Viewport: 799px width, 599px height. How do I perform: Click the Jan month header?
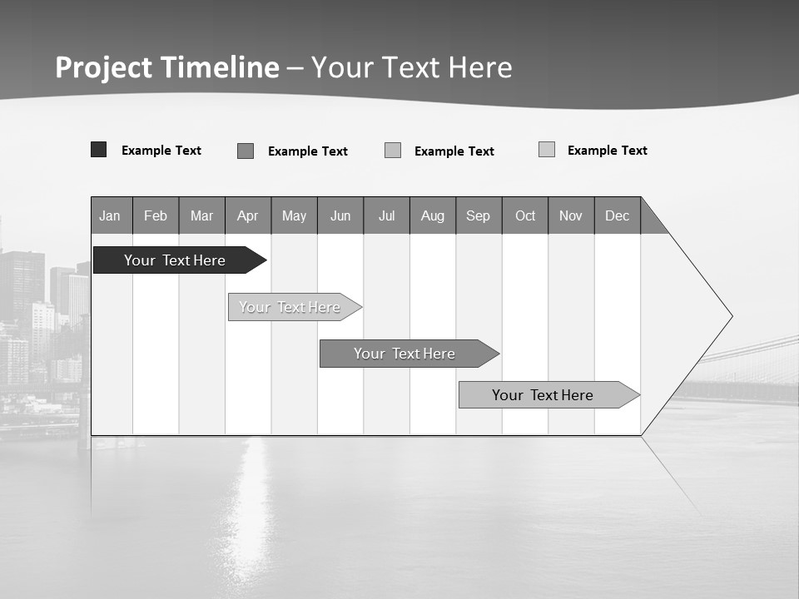(x=111, y=215)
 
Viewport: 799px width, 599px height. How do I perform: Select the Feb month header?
(x=156, y=215)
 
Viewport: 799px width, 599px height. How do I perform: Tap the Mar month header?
(x=201, y=215)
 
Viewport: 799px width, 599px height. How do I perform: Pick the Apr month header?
(x=248, y=215)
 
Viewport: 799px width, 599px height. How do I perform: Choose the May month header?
(x=294, y=215)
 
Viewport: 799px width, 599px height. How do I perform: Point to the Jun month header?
(x=340, y=215)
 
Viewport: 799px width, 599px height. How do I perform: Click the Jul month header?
(x=386, y=215)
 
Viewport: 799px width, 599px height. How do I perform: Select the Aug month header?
(x=433, y=215)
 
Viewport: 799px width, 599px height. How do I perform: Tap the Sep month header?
(x=479, y=215)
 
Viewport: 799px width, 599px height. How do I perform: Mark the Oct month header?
(x=525, y=215)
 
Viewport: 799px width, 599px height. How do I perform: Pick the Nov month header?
(x=571, y=215)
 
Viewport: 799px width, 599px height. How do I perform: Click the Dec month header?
(x=618, y=215)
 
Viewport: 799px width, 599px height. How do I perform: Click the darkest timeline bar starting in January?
(x=175, y=260)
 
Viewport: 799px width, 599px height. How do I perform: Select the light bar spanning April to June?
(x=290, y=307)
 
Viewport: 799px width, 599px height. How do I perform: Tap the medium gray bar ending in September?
(x=404, y=354)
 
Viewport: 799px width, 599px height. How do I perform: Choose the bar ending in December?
(x=543, y=395)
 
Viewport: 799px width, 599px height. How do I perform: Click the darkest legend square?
(x=98, y=150)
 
